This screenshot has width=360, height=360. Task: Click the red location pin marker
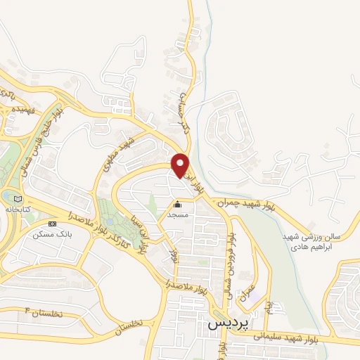tap(181, 165)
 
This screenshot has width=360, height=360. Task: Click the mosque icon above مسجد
tap(176, 205)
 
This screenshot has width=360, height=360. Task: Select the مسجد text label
tap(176, 215)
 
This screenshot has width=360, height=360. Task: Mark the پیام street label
tap(267, 307)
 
